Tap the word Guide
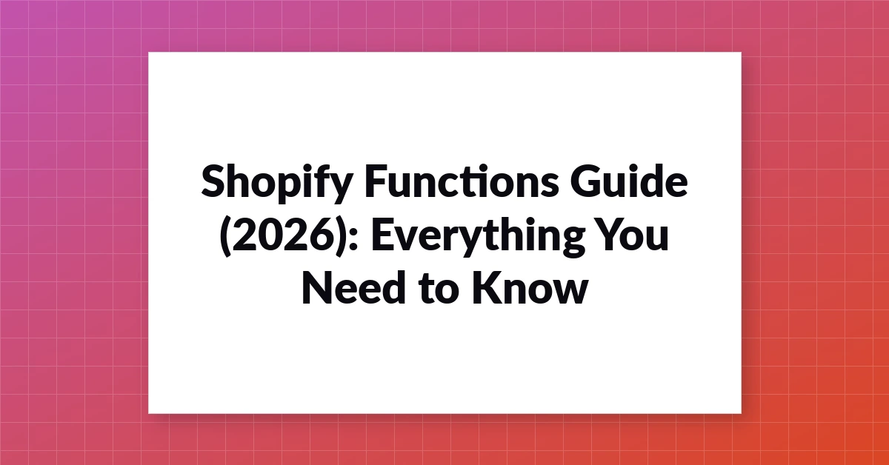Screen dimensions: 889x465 click(x=629, y=181)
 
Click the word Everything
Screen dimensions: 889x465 click(x=479, y=237)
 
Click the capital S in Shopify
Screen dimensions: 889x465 click(x=213, y=181)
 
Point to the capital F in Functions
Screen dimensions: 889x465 click(x=376, y=181)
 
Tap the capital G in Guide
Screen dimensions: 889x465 click(x=586, y=181)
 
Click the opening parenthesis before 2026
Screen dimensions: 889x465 click(x=225, y=236)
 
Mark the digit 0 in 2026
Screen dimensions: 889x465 click(x=270, y=235)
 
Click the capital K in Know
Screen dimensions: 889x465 click(x=486, y=287)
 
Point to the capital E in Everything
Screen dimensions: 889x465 click(x=382, y=235)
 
